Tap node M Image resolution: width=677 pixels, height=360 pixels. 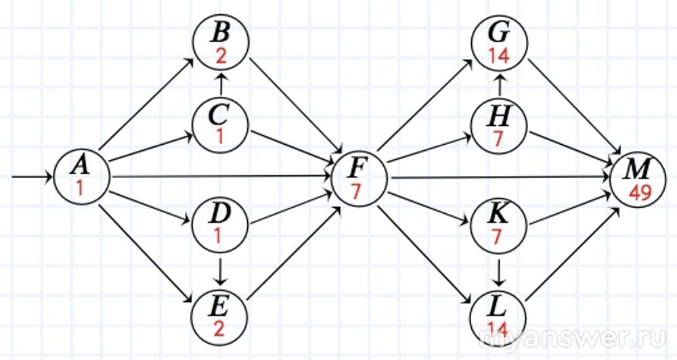point(638,177)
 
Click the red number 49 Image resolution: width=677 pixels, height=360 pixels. point(640,192)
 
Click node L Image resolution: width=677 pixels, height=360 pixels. point(499,312)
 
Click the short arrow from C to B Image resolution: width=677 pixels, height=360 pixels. point(221,85)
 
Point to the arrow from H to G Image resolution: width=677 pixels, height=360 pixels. point(499,86)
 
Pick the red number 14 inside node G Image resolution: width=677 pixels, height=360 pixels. point(499,57)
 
